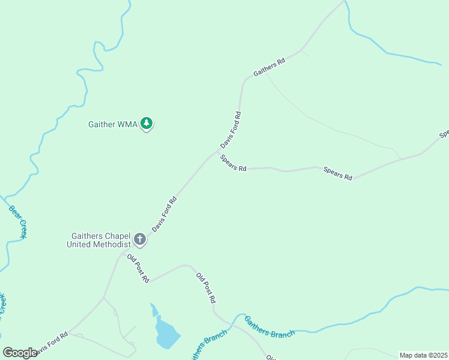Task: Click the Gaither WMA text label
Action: click(113, 125)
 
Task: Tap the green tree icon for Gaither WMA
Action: click(146, 124)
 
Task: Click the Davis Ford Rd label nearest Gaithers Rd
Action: click(231, 130)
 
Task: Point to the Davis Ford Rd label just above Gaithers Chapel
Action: click(164, 214)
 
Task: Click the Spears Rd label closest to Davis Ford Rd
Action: click(233, 164)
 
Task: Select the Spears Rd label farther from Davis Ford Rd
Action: click(338, 173)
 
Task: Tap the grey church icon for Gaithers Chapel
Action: click(139, 240)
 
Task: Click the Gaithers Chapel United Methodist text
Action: click(100, 240)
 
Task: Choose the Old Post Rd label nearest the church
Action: click(137, 268)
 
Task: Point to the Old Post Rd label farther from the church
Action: click(205, 288)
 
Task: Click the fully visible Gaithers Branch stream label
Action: click(270, 326)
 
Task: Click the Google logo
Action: click(20, 353)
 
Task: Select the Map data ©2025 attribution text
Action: click(424, 355)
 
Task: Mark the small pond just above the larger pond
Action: click(154, 310)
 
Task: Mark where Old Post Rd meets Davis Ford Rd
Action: click(123, 254)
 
